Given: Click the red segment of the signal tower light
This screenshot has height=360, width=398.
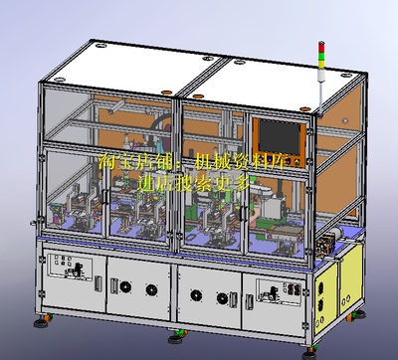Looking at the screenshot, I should click(320, 45).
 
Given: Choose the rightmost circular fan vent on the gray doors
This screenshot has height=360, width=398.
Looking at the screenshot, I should click(221, 295).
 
